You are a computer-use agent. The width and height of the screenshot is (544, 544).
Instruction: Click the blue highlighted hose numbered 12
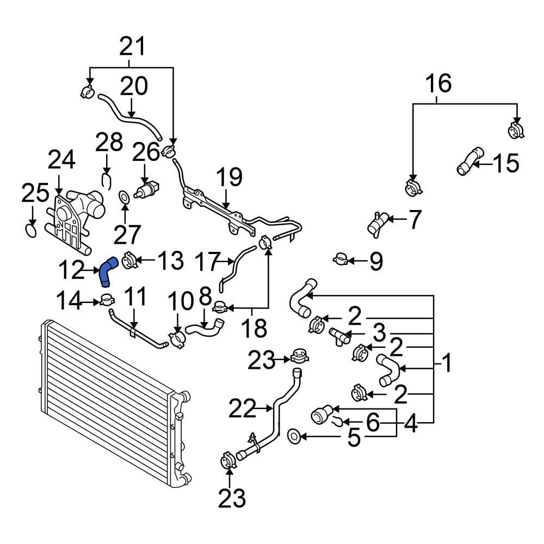107,271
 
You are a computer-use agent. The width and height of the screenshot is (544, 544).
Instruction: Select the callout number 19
228,178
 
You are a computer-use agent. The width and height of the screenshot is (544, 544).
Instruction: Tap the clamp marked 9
341,259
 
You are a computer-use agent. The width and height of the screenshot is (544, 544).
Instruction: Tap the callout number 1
446,363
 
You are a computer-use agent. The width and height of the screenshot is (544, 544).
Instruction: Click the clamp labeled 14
107,299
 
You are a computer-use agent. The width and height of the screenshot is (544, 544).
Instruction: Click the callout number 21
133,47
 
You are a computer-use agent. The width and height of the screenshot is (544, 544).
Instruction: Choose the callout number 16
438,84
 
